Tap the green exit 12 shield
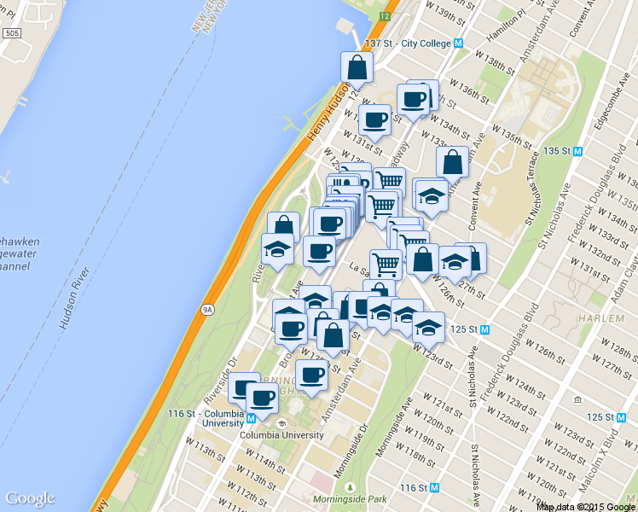(x=386, y=15)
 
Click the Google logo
(x=30, y=498)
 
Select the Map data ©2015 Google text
(x=587, y=506)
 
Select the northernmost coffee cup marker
(x=415, y=100)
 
